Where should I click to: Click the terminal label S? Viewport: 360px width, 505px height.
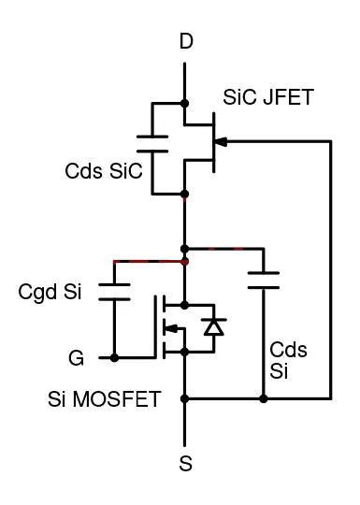pos(185,462)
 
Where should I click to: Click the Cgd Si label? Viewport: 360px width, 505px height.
pos(50,292)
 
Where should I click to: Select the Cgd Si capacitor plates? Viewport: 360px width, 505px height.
pos(114,289)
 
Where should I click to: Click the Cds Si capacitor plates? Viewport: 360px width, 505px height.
pos(263,280)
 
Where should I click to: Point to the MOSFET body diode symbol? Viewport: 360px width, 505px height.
pos(215,326)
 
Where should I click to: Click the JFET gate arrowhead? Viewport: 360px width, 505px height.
pos(222,141)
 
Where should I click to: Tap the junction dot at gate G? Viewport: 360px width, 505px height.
pos(114,357)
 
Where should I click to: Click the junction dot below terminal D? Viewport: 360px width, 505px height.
pos(185,102)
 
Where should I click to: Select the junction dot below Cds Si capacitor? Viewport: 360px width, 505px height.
pos(263,399)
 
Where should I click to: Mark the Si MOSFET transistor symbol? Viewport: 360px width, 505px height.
pos(176,327)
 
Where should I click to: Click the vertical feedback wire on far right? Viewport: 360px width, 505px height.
pos(331,271)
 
